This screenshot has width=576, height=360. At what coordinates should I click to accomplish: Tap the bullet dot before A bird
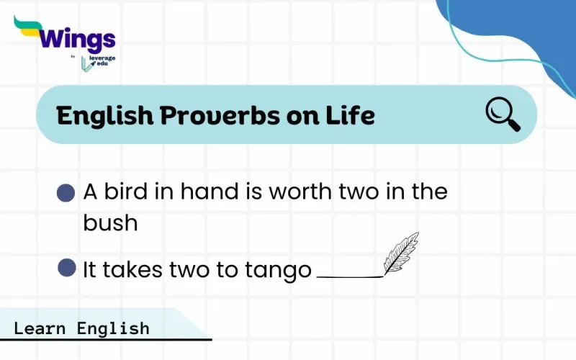click(x=66, y=193)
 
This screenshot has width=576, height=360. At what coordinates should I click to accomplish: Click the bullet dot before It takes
click(x=67, y=269)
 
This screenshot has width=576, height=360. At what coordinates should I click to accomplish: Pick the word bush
click(x=110, y=222)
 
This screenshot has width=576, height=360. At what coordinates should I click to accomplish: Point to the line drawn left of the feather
click(x=349, y=276)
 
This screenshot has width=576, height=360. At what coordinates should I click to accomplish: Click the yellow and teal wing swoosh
click(x=30, y=27)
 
